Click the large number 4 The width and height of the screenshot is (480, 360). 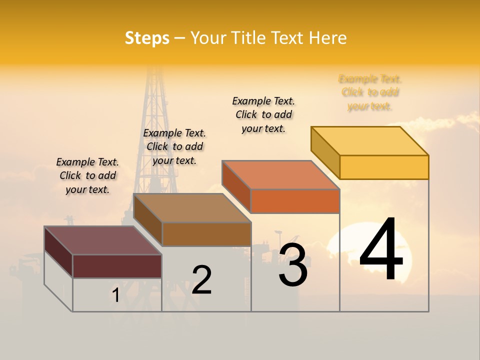(381, 250)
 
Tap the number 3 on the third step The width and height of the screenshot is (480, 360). (293, 265)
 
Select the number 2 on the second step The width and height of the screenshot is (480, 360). (202, 280)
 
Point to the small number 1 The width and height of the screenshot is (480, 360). (115, 295)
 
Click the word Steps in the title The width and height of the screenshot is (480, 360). (147, 38)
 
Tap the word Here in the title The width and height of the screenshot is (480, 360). (328, 38)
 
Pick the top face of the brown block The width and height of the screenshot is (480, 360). (192, 208)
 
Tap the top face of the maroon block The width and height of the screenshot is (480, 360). (103, 240)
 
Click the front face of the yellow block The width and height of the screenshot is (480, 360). (384, 167)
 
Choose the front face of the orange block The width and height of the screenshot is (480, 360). (295, 201)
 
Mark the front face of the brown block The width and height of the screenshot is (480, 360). (206, 234)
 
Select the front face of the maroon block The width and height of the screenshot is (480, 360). (117, 266)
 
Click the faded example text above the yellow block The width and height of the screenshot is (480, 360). (370, 92)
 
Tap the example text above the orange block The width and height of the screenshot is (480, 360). (263, 114)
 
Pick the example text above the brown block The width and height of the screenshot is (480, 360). (174, 146)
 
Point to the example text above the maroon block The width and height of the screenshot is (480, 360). (87, 175)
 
